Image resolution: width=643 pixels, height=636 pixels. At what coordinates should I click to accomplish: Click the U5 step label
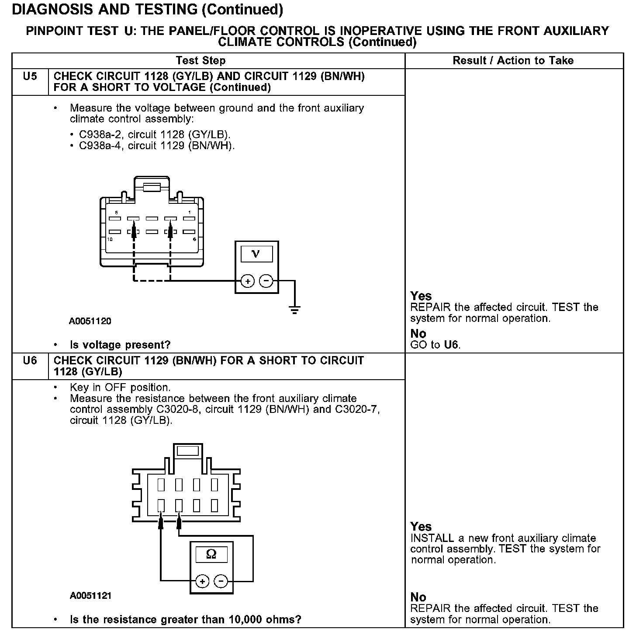click(30, 77)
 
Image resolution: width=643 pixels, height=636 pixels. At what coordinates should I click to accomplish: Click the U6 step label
click(30, 361)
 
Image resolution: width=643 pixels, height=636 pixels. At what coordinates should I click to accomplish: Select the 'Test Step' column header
click(201, 61)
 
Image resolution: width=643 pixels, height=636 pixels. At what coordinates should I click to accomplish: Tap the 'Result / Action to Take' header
click(513, 61)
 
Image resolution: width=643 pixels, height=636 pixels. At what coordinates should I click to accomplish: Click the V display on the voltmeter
click(256, 254)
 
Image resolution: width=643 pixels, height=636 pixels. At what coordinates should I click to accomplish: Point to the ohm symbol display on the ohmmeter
click(211, 555)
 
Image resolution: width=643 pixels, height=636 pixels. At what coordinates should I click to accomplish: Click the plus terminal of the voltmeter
click(248, 281)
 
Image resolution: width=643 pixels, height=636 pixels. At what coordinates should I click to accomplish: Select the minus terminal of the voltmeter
click(266, 281)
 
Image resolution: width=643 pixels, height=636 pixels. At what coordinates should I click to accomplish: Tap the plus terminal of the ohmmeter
click(202, 581)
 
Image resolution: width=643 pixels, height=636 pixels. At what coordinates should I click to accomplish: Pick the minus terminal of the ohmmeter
click(221, 581)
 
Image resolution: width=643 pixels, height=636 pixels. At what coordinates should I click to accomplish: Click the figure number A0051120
click(90, 321)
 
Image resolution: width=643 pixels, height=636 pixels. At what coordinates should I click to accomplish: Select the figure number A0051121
click(90, 596)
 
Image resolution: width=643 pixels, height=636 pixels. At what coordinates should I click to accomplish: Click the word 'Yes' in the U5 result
click(421, 296)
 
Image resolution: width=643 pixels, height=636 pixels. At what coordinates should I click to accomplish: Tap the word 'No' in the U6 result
click(418, 597)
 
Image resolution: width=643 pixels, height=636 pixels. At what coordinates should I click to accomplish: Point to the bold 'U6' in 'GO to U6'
click(451, 345)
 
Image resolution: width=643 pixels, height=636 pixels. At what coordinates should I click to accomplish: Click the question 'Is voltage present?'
click(120, 345)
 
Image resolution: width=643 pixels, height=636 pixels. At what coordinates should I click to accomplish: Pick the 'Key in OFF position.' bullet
click(120, 388)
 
